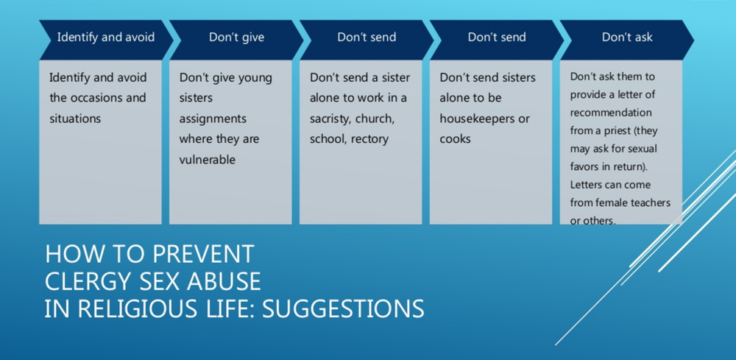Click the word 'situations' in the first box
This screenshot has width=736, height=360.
point(75,119)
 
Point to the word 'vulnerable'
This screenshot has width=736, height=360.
point(207,160)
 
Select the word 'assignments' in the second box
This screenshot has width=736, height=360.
point(213,119)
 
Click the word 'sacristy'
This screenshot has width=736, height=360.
point(330,119)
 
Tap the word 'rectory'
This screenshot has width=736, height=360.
point(369,140)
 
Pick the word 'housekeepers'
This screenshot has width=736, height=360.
point(475,119)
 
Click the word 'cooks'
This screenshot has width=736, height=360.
point(455,139)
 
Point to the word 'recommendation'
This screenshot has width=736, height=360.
point(611,113)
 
